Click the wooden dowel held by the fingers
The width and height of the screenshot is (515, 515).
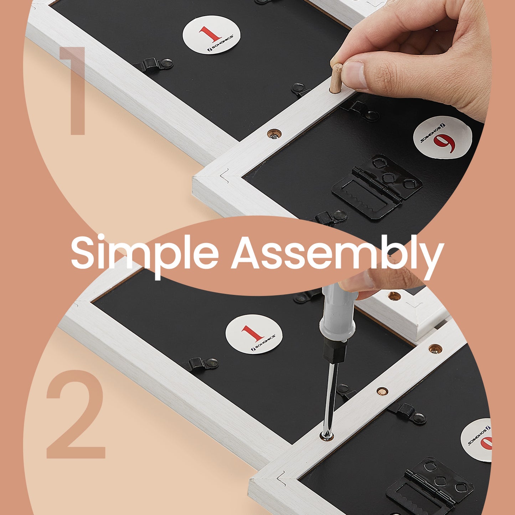click(x=336, y=78)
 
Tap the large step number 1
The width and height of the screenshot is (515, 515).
click(x=73, y=91)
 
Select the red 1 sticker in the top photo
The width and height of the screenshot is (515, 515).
click(x=211, y=35)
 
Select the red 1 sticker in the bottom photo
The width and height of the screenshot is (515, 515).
click(x=254, y=334)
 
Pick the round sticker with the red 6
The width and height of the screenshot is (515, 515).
click(x=442, y=137)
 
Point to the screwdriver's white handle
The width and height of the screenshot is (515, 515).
click(x=338, y=311)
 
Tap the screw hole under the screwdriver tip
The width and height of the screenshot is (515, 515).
click(x=326, y=436)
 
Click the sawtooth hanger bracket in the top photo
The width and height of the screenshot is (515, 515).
click(x=377, y=187)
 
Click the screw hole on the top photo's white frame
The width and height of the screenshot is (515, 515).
click(x=274, y=133)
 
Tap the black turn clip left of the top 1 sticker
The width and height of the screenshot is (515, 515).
click(x=153, y=65)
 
